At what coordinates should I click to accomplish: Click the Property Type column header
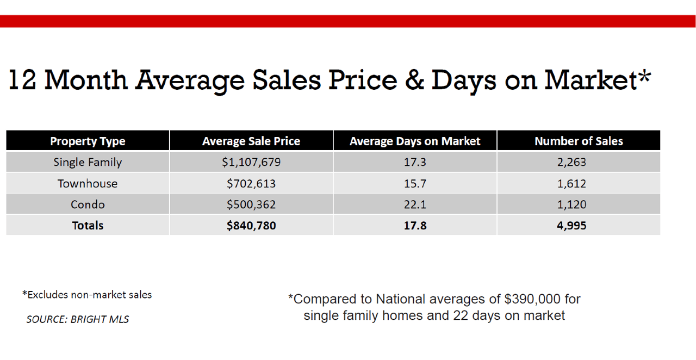[88, 141]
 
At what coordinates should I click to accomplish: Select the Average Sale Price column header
[251, 141]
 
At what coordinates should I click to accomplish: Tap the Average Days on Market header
[415, 141]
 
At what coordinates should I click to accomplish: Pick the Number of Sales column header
[579, 141]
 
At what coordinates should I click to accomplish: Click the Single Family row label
[88, 162]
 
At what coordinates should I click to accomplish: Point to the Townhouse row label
[88, 183]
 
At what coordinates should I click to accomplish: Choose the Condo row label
[88, 204]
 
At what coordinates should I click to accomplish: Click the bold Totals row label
[88, 225]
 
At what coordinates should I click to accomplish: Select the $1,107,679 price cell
[251, 162]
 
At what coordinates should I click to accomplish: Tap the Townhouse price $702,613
[251, 183]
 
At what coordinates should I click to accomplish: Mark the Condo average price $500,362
[251, 204]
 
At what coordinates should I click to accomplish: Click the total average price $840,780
[251, 225]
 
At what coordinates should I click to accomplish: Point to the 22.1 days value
[415, 204]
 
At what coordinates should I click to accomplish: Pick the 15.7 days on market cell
[415, 183]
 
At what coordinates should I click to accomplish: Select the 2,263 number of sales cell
[571, 162]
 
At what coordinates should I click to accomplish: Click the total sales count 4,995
[571, 225]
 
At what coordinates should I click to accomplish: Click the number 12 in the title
[22, 80]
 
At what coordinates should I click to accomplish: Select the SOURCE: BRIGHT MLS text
[78, 319]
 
